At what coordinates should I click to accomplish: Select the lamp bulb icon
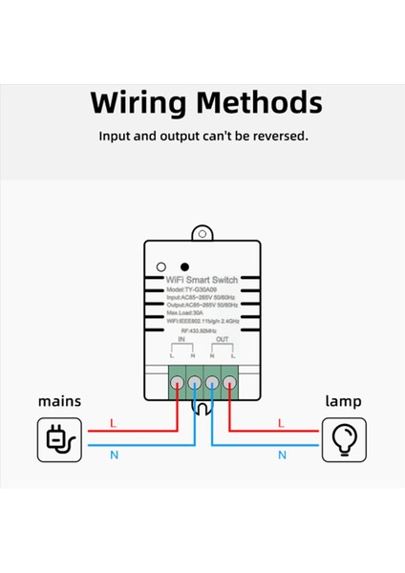(344, 438)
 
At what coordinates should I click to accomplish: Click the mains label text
(59, 401)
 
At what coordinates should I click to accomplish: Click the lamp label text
(344, 401)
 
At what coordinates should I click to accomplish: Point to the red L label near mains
(113, 422)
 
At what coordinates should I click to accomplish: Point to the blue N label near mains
(114, 456)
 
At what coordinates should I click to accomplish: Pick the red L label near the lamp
(280, 422)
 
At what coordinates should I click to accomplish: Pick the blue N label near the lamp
(282, 456)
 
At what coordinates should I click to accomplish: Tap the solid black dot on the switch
(184, 266)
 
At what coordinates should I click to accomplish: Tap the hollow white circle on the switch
(162, 266)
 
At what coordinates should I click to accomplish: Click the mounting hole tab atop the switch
(202, 232)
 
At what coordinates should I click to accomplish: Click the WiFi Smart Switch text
(202, 280)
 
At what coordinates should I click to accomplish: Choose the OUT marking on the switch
(222, 339)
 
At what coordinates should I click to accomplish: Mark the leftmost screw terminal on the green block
(177, 384)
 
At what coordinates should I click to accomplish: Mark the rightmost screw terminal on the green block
(229, 384)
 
